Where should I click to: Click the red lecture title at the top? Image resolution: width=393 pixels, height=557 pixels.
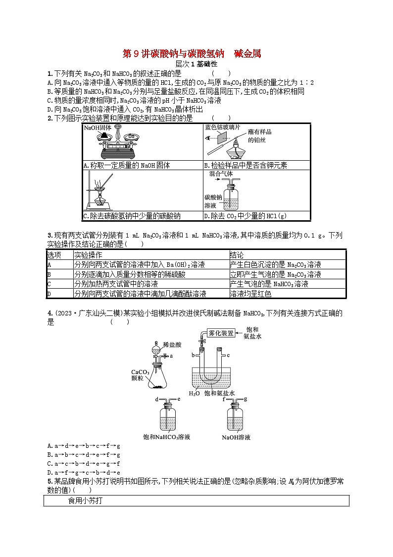coord(192,54)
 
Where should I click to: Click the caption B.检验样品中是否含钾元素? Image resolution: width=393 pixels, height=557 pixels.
coord(246,166)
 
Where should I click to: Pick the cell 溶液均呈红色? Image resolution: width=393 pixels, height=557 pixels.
coord(251,294)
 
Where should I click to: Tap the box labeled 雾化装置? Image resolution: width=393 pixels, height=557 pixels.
coord(221,334)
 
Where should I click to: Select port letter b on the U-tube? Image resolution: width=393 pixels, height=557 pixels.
coord(194,355)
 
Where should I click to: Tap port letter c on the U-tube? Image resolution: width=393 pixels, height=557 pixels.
coord(229,355)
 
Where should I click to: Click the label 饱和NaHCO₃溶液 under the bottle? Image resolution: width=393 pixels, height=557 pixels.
coord(166,437)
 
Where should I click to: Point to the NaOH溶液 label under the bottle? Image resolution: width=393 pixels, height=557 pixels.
coord(236,437)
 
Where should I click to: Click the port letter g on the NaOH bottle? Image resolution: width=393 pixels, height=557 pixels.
coord(245,399)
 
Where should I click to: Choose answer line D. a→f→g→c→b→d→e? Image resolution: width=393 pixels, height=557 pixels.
coord(84,473)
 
